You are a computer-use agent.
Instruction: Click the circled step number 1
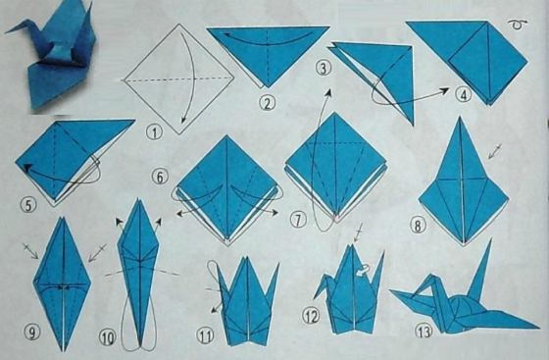click(x=155, y=131)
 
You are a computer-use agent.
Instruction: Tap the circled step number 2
click(x=267, y=103)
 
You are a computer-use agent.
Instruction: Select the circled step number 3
click(x=324, y=69)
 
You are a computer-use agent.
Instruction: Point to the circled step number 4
click(x=463, y=94)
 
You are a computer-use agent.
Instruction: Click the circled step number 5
click(x=28, y=204)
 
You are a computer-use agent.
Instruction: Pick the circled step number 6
click(x=160, y=177)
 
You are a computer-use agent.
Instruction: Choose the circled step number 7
click(x=298, y=220)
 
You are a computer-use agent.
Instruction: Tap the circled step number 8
click(x=418, y=226)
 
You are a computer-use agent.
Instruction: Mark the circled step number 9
click(x=31, y=332)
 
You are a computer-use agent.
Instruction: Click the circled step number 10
click(x=108, y=337)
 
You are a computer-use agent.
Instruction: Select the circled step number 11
click(x=206, y=335)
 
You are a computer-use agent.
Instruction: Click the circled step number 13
click(x=424, y=331)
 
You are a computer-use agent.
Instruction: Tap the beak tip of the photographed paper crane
click(x=6, y=32)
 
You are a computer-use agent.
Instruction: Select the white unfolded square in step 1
click(x=178, y=79)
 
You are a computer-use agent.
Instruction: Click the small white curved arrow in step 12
click(x=363, y=270)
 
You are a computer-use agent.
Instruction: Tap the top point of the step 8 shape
click(x=460, y=118)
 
